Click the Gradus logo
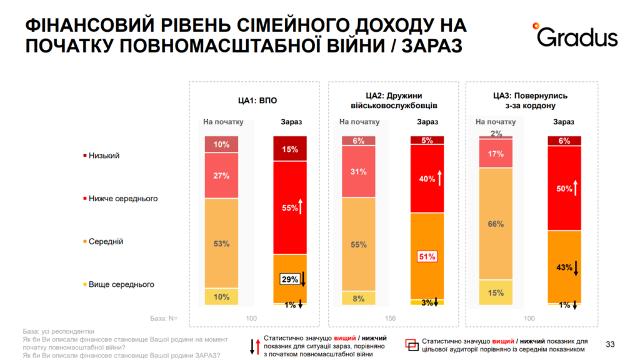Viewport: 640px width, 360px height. click(574, 36)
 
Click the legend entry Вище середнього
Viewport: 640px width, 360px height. click(121, 284)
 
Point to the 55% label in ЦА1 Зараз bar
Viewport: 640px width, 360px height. click(289, 208)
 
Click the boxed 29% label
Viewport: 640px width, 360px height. click(289, 279)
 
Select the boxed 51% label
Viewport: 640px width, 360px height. click(427, 256)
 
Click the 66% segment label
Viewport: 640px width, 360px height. click(496, 224)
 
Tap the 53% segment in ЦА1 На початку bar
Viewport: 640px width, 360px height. click(221, 243)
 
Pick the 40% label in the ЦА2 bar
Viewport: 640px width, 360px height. click(426, 179)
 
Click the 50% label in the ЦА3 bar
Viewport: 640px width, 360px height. click(563, 188)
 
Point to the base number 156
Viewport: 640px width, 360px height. click(391, 319)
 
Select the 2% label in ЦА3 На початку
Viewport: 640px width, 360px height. click(496, 134)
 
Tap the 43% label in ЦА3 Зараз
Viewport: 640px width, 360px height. click(564, 267)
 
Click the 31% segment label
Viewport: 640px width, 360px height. click(359, 172)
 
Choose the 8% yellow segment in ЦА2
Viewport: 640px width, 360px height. click(359, 299)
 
